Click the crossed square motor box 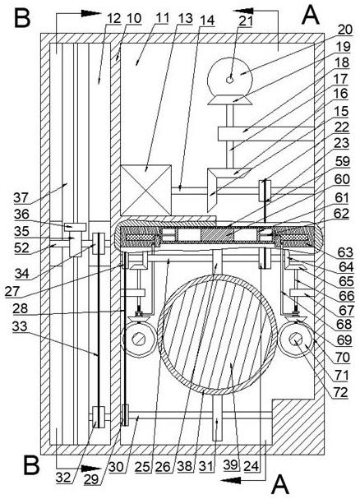[146, 190]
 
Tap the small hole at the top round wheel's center [229, 80]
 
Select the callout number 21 [246, 21]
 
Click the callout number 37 [21, 198]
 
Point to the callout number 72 [340, 393]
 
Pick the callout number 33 [20, 326]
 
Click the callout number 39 [231, 465]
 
